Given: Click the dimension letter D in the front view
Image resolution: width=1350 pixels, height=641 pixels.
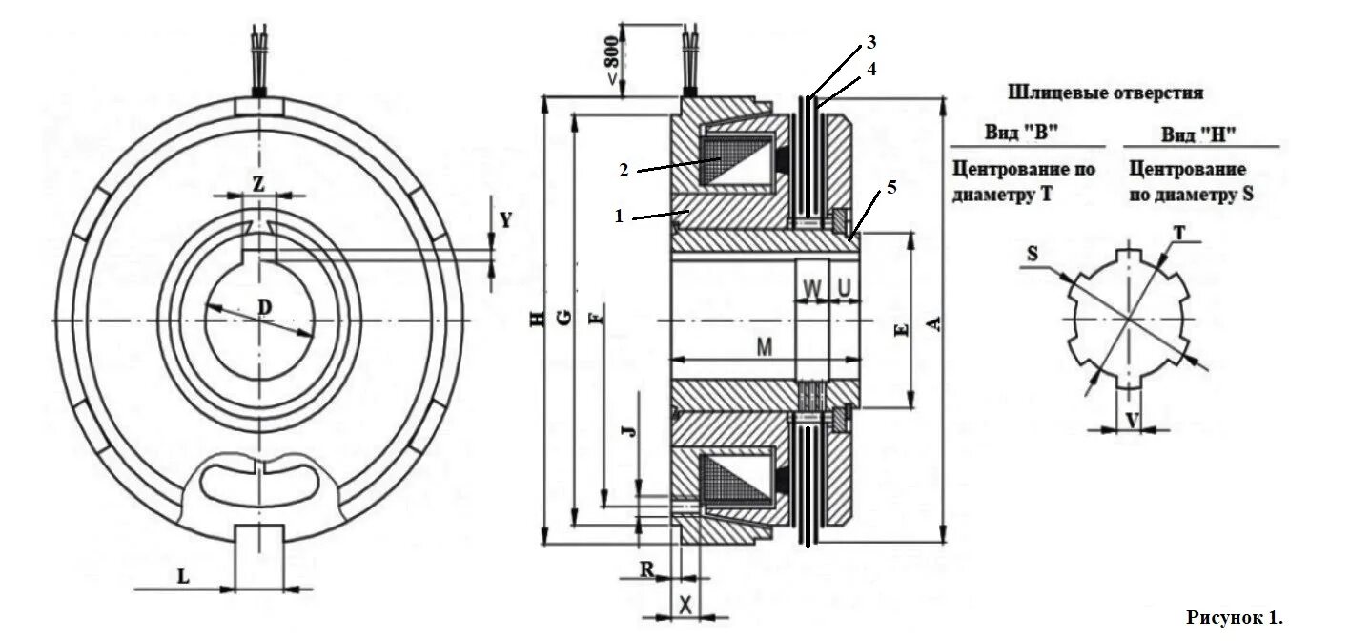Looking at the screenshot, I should (265, 307).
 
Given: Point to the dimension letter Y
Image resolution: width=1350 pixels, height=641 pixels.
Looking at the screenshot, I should (506, 220).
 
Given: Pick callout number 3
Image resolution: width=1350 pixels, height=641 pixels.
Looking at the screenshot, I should (870, 43).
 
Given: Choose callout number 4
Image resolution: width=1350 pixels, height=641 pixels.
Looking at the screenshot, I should (870, 69).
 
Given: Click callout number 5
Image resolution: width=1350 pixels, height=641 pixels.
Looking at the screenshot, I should (890, 187).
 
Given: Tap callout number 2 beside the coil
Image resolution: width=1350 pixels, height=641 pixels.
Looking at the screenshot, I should (623, 170).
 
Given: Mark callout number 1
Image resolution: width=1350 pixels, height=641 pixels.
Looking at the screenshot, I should (618, 217).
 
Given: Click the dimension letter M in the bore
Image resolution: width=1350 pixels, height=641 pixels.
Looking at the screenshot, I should (764, 348).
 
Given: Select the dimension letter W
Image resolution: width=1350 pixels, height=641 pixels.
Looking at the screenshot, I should (811, 286).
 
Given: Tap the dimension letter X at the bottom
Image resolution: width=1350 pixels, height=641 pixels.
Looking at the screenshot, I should (685, 604).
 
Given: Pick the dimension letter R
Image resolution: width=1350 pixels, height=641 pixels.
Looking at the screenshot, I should (646, 570).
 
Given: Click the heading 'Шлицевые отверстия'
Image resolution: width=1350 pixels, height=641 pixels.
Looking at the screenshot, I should (1104, 93).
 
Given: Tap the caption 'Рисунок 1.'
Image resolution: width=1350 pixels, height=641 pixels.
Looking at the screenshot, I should (1235, 617).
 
